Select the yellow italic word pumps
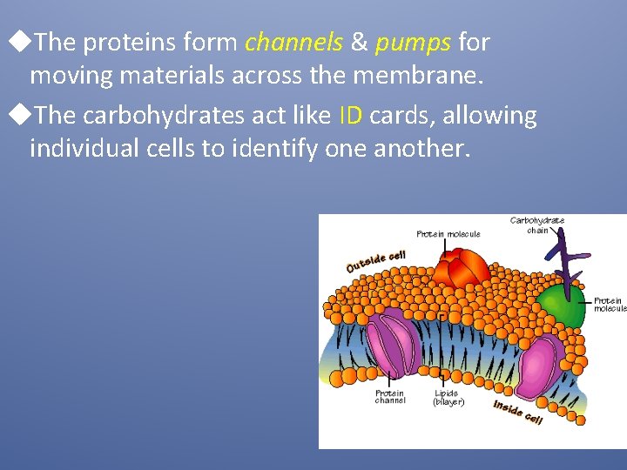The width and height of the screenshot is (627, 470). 413,42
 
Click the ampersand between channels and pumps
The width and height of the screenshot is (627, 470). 359,42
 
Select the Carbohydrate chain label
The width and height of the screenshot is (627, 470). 536,225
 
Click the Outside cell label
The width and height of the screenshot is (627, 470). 375,260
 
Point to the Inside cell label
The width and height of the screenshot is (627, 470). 517,412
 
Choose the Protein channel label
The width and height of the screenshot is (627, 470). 389,396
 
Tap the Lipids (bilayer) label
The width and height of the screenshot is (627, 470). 448,398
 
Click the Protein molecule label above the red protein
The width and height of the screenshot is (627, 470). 448,233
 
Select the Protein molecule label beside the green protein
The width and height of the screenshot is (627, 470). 610,304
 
